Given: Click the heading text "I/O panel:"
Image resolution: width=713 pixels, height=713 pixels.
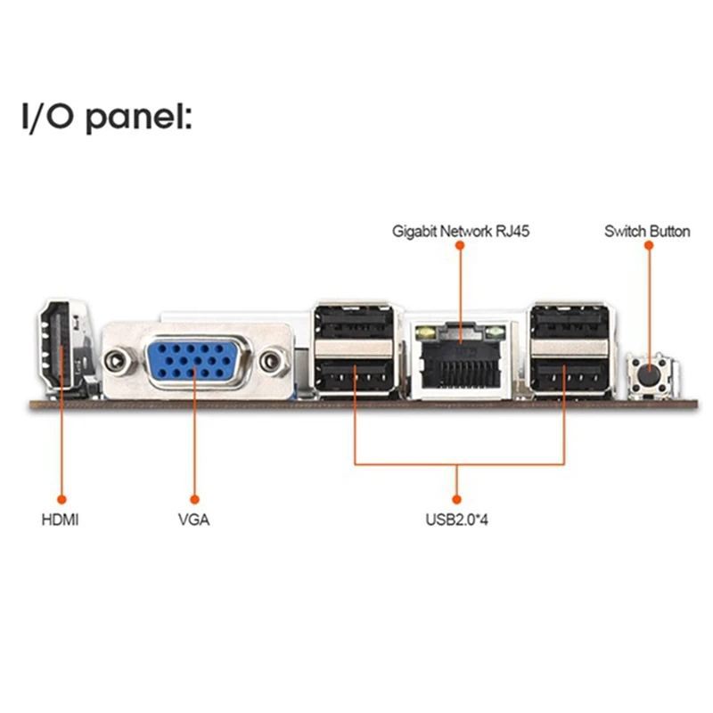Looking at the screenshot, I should pos(106,117).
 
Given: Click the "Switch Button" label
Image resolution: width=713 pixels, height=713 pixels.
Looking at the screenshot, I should pos(647,232).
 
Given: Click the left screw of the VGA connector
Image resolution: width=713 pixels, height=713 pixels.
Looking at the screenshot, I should pos(114,361).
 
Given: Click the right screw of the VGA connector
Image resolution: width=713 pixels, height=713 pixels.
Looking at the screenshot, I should pos(272,361).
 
